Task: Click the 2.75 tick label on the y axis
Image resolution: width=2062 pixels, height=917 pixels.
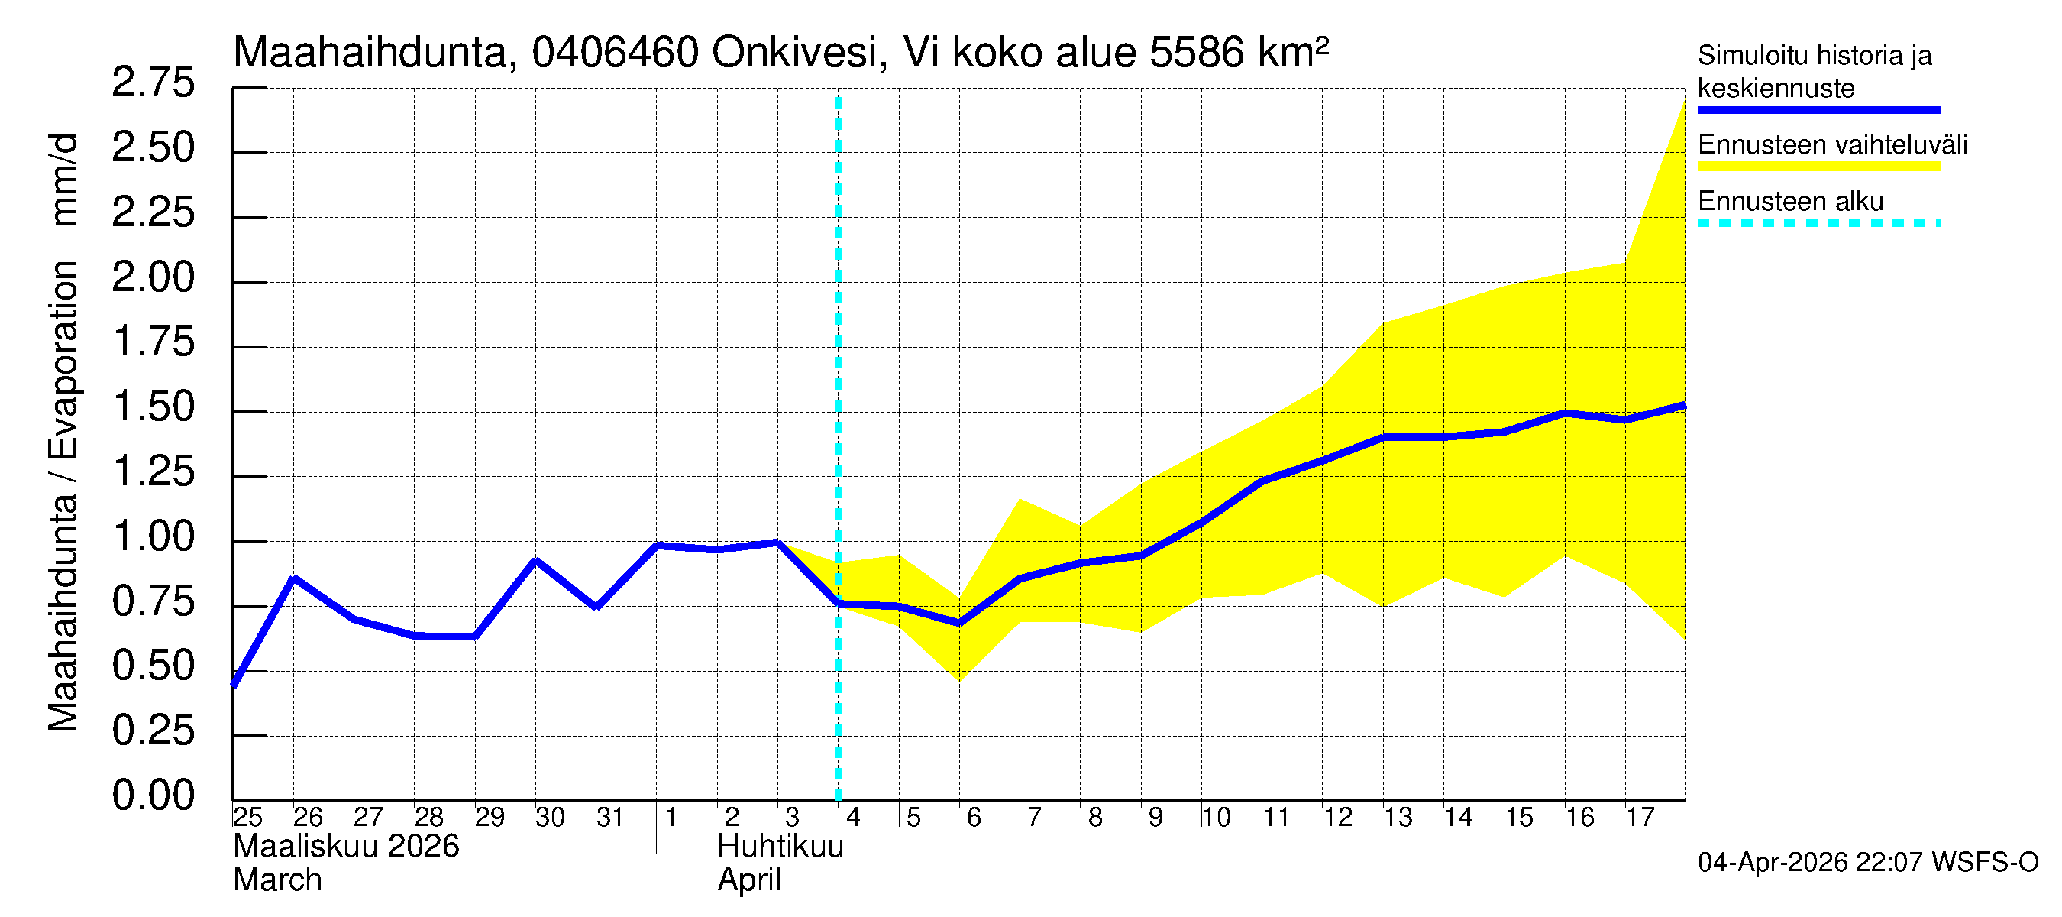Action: (x=153, y=83)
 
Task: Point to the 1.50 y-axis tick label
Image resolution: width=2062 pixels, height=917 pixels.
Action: (x=153, y=407)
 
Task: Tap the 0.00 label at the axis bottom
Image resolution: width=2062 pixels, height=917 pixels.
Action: (x=153, y=796)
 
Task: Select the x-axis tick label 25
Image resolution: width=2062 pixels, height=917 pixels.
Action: (x=247, y=818)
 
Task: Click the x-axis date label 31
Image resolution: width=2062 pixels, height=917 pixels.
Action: (x=610, y=818)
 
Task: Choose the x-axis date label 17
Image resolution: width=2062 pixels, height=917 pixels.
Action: (x=1640, y=818)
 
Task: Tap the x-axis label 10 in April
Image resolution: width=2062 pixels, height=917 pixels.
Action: (x=1216, y=818)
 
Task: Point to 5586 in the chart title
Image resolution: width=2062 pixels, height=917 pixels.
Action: (x=1197, y=53)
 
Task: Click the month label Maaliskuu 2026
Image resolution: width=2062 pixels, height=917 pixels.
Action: (x=346, y=847)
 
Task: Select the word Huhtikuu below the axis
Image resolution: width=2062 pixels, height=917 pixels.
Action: (x=781, y=847)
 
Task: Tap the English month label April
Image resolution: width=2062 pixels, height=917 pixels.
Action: (x=748, y=880)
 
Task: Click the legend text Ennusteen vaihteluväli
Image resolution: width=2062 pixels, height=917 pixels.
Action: (x=1832, y=145)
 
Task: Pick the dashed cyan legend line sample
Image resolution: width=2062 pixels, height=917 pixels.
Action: (x=1818, y=223)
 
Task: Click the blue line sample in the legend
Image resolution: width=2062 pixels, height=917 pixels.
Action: (x=1818, y=110)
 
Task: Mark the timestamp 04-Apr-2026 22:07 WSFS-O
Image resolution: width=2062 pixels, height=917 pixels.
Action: (x=1867, y=863)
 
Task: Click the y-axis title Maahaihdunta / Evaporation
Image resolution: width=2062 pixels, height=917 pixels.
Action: (x=63, y=497)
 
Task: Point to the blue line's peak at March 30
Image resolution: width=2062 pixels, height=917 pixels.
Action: (x=535, y=561)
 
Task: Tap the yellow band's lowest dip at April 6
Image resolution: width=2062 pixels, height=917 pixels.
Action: (x=959, y=681)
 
